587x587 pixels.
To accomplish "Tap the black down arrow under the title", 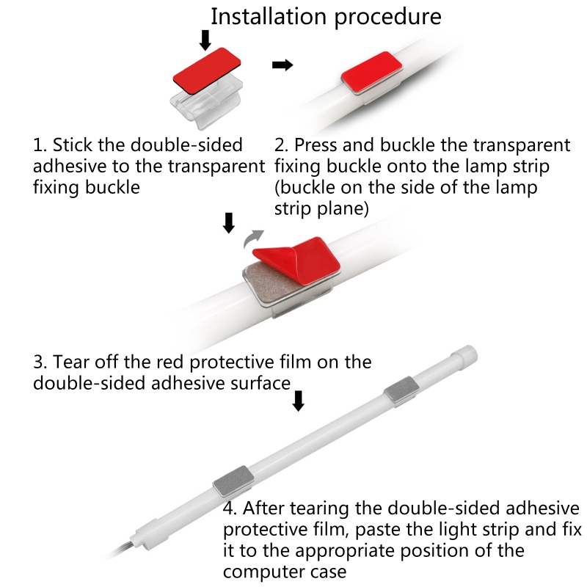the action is tap(205, 40).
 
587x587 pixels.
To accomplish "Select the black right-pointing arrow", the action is tap(282, 65).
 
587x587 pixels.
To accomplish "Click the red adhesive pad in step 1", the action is tap(207, 69).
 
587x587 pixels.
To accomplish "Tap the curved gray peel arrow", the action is tap(253, 238).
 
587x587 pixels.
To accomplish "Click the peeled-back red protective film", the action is tap(296, 260).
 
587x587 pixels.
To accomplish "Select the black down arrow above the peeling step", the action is tap(229, 223).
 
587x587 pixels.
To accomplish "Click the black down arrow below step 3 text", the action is tap(298, 401).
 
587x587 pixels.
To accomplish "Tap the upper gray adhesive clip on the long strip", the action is tap(401, 390).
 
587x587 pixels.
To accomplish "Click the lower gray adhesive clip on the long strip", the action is tap(233, 481).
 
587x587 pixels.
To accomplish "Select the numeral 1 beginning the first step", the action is tap(38, 145).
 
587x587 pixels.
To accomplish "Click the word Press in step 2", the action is tap(315, 145).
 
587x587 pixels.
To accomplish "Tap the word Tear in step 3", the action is tap(70, 362).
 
